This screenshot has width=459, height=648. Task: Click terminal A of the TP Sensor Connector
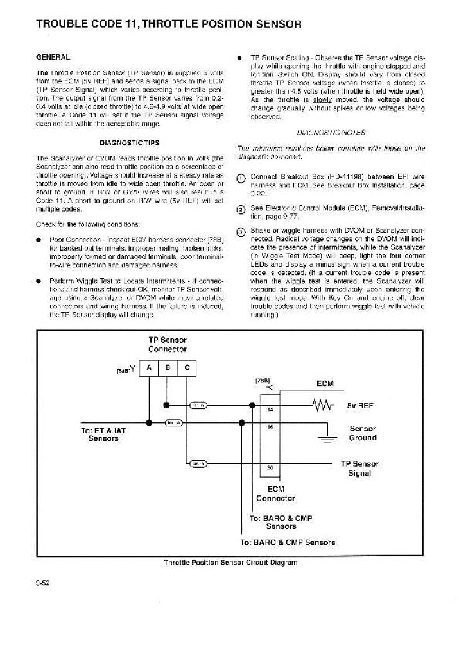coord(149,368)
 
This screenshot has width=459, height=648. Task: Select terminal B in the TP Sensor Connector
coord(168,368)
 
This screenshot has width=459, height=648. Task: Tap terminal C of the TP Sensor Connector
coord(186,368)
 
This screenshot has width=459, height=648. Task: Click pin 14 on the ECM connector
coord(270,408)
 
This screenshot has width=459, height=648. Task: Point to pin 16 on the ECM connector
coord(270,426)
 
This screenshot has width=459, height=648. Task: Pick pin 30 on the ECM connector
coord(270,467)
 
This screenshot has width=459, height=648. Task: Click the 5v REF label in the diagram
coord(361,406)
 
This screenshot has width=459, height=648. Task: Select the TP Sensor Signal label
coord(359,468)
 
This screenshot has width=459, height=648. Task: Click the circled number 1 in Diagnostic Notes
coord(241,178)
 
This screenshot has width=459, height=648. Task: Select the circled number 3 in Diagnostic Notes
coord(241,231)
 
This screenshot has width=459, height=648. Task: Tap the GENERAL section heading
coord(53,57)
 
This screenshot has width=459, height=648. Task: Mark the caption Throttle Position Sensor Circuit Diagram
coord(230,562)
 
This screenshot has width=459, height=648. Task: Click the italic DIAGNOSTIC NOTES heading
coord(332,133)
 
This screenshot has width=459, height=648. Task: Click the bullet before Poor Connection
coord(39,239)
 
